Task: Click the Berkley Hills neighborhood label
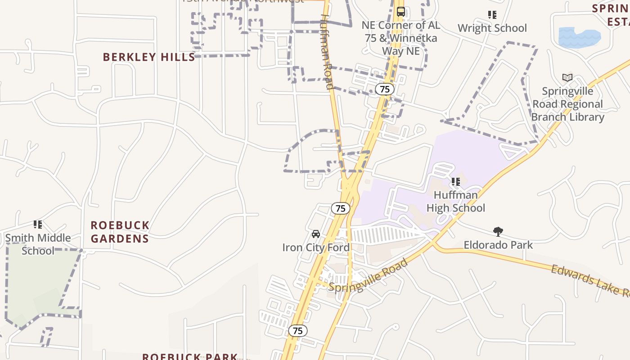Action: pos(149,57)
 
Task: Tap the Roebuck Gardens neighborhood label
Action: pos(120,232)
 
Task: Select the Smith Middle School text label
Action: pos(38,244)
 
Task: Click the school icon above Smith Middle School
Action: pos(38,224)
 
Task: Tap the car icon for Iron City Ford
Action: pos(316,234)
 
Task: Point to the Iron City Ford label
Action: pos(316,247)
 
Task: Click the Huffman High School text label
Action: pos(456,201)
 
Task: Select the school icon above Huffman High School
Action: pos(455,182)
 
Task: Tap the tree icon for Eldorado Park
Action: pos(498,232)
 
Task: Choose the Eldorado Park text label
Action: pos(498,245)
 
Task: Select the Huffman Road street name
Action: pos(327,52)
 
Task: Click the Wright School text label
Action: pos(492,28)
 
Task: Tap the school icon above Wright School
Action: pos(492,15)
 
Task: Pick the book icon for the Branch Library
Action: pos(567,78)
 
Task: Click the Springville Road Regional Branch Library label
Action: pos(567,104)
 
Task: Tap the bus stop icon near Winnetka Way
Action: pos(400,12)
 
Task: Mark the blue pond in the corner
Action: pos(579,37)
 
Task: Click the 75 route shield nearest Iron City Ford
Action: pos(341,208)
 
